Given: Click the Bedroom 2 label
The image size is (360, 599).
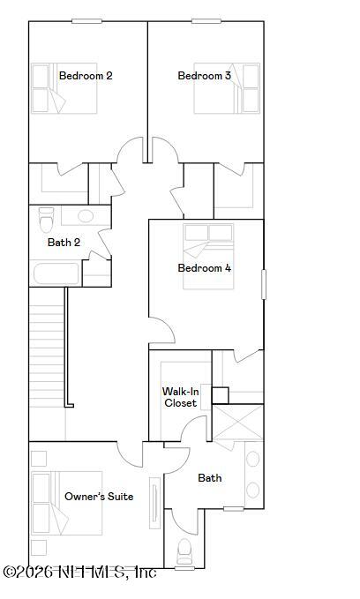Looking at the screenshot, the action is (86, 76).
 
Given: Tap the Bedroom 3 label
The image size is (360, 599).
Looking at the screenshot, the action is (205, 76).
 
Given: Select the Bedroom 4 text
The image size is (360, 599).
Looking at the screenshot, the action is (205, 268).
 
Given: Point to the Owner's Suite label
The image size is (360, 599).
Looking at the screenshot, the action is (99, 497).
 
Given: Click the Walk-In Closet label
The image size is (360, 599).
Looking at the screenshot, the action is (180, 397).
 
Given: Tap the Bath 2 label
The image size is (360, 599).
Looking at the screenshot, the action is (64, 243).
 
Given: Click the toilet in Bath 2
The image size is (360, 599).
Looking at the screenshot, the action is (46, 220).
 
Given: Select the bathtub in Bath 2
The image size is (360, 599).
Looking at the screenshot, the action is (56, 273).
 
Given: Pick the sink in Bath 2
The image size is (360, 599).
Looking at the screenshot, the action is (86, 216).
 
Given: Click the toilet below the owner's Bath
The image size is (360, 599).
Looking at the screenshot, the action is (184, 551).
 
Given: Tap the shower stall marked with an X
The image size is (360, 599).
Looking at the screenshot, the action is (237, 423).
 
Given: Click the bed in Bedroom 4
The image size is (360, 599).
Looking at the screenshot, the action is (208, 256).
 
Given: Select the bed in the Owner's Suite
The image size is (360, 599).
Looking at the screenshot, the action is (67, 503).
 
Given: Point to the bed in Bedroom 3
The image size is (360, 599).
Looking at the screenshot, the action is (227, 88).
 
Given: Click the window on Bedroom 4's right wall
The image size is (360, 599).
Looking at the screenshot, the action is (263, 284).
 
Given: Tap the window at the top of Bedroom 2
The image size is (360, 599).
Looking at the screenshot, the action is (86, 21).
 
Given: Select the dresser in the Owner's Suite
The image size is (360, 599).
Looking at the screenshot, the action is (154, 502).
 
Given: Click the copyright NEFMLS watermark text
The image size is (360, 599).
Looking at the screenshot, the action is (79, 572).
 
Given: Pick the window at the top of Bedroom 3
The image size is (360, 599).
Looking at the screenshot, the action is (206, 21).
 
